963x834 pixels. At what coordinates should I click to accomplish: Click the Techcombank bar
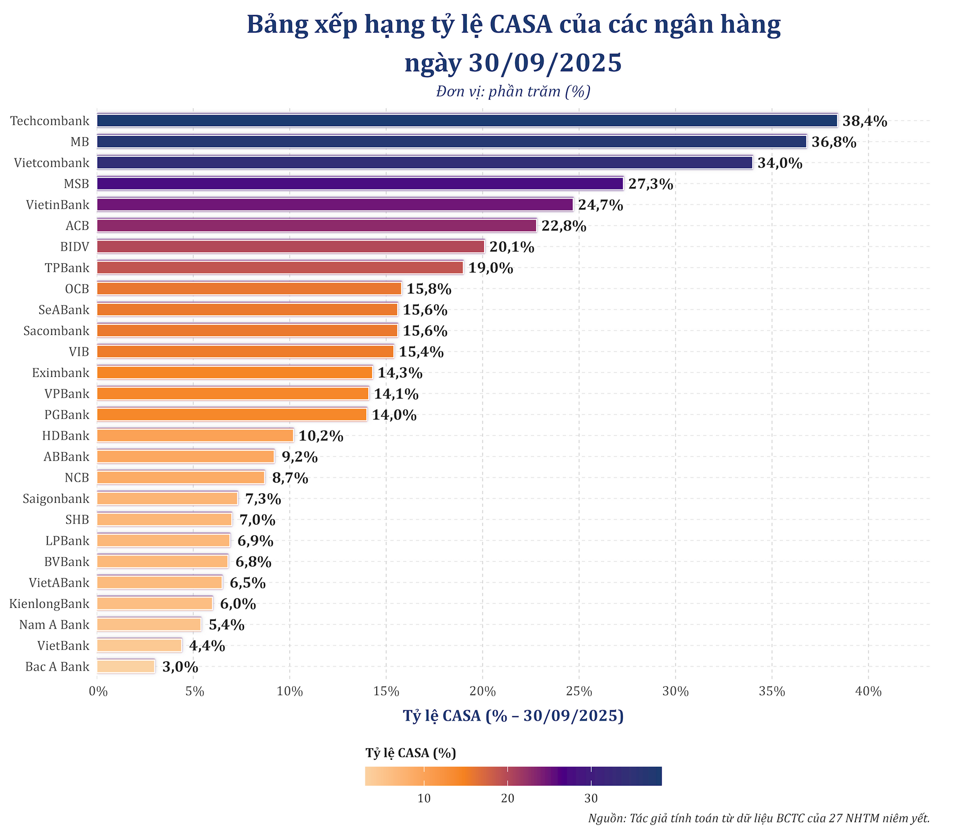coord(466,121)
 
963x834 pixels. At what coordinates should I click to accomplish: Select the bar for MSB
coord(360,184)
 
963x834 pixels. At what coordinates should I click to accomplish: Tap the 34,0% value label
coord(779,163)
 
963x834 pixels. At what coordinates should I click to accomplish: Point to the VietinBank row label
coord(58,205)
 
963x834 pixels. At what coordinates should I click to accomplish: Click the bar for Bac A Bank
coord(126,667)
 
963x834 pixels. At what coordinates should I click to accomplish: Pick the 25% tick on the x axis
coord(579,692)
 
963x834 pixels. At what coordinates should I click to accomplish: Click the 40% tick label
coord(868,692)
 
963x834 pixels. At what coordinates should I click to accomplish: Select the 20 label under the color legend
coord(508,798)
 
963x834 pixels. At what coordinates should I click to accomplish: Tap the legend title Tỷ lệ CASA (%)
coord(410,753)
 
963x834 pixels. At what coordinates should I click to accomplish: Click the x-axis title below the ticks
coord(513,716)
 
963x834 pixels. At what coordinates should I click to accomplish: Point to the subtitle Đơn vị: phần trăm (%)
coord(513,92)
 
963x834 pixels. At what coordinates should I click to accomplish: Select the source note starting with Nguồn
coord(759,818)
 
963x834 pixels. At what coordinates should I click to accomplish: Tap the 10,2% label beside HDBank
coord(321,436)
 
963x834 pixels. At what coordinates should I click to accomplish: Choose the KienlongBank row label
coord(49,603)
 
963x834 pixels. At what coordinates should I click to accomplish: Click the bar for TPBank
coord(280,268)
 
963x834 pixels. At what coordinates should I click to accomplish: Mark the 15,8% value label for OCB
coord(429,289)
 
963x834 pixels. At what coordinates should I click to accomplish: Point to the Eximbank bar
coord(234,373)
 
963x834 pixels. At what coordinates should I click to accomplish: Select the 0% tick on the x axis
coord(98,692)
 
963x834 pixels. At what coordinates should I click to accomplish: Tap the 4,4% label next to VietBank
coord(207,646)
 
